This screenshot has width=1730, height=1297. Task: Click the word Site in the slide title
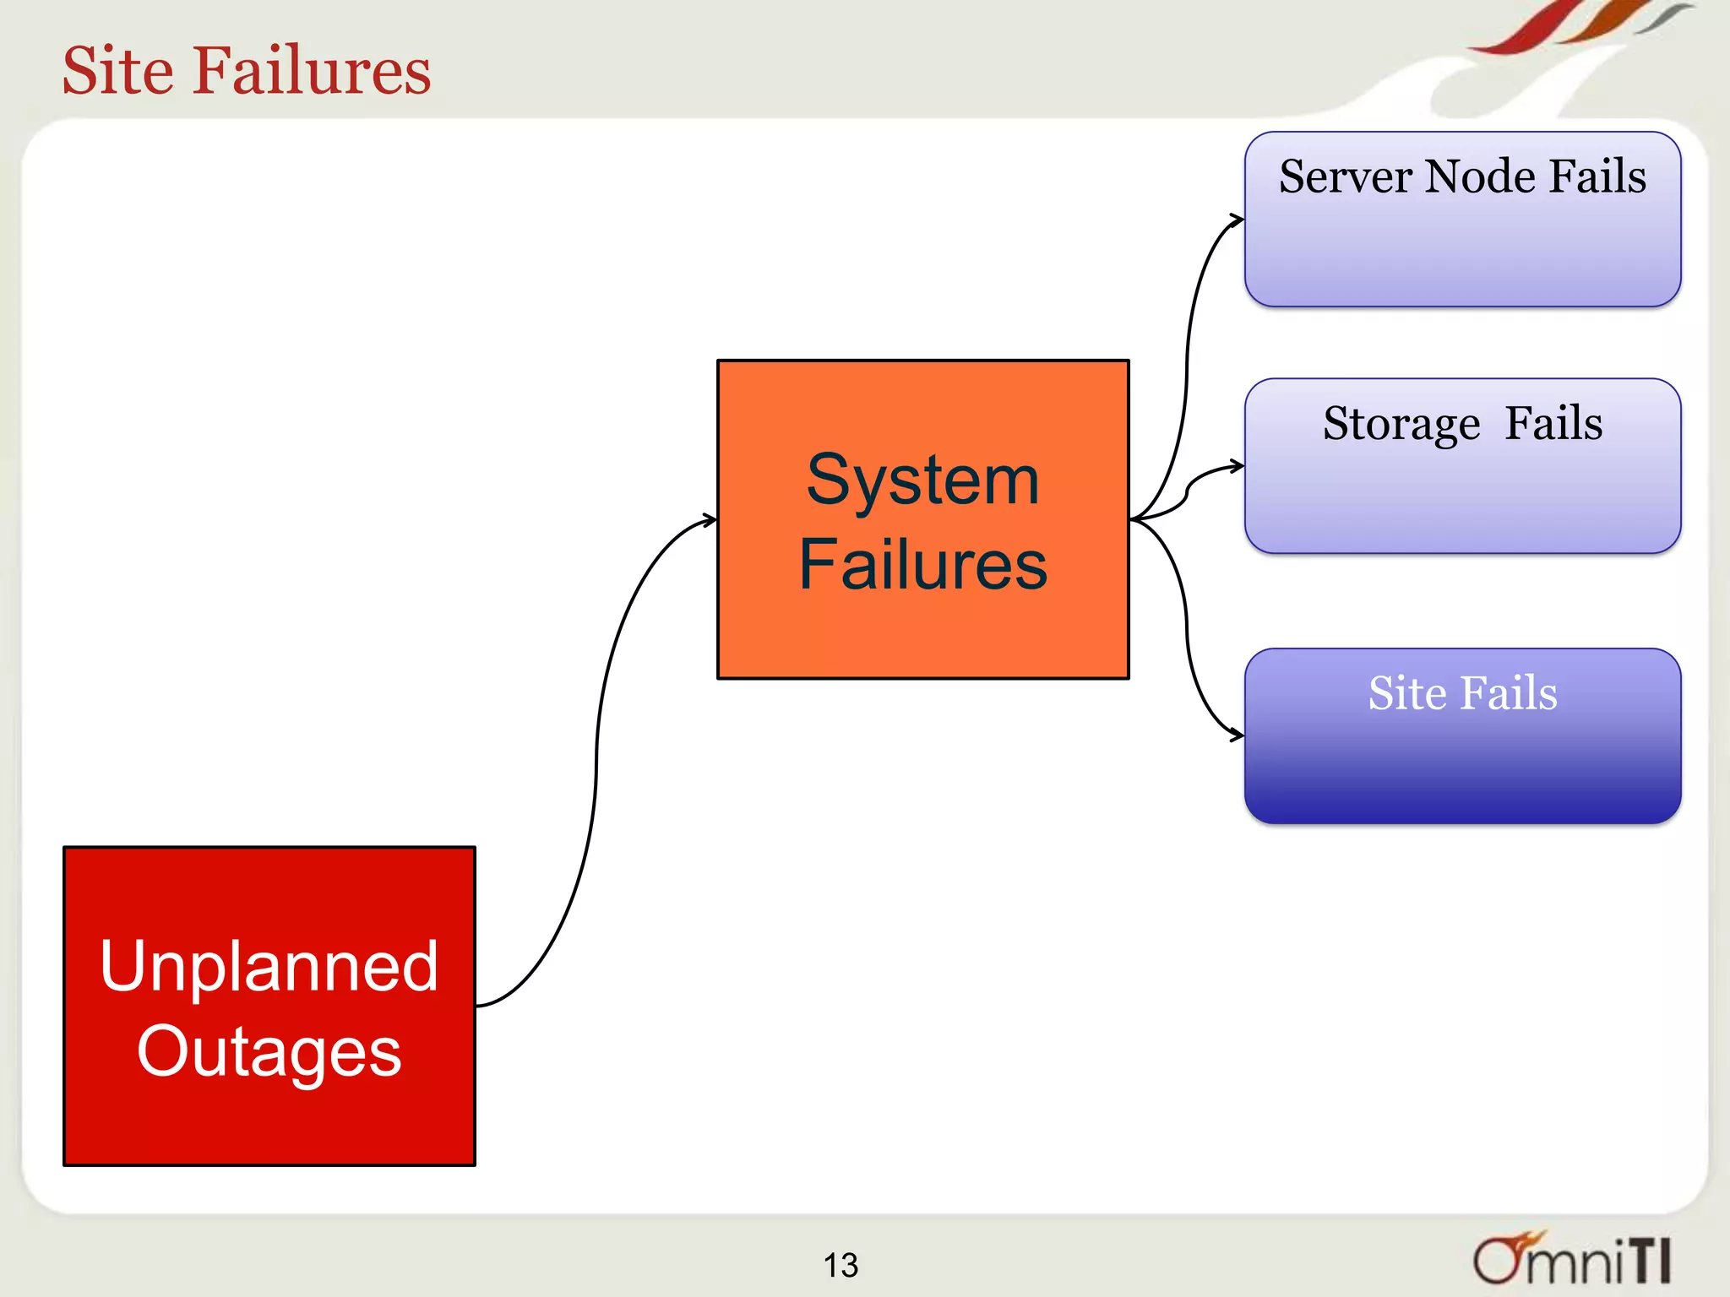pos(117,70)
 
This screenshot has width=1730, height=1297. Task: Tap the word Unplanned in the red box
pos(269,966)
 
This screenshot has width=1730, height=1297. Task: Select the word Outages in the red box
pos(269,1050)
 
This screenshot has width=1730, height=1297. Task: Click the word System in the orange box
pos(922,480)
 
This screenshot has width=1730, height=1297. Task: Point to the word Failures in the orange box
pos(922,564)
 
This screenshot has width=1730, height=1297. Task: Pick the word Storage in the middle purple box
pos(1401,424)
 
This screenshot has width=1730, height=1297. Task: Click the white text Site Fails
pos(1462,693)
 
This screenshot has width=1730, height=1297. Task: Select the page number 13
pos(841,1265)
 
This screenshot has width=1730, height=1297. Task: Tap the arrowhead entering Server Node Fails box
pos(1238,220)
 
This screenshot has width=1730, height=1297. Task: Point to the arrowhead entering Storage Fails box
pos(1238,466)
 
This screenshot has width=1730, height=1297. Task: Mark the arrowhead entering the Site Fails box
pos(1237,735)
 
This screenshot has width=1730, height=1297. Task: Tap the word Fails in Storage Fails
pos(1553,424)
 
